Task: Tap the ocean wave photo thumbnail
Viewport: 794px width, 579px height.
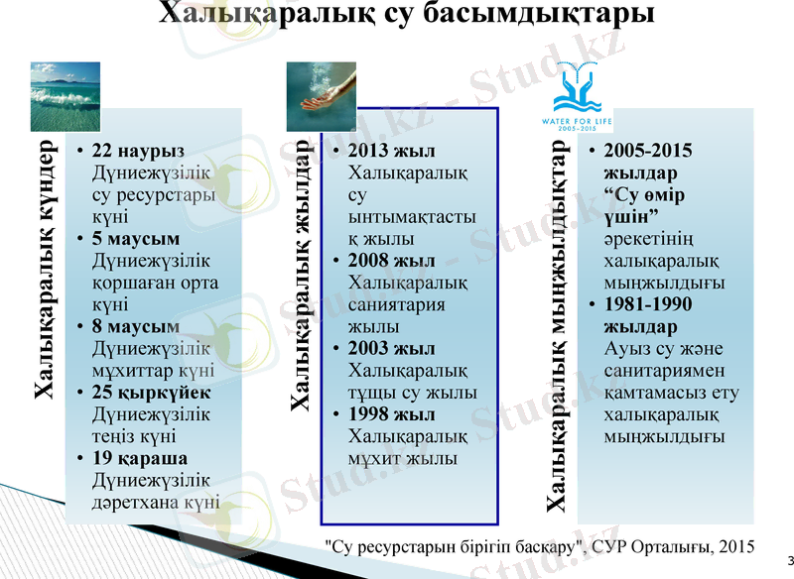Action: pos(65,87)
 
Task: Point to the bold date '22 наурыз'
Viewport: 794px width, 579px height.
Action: pos(137,152)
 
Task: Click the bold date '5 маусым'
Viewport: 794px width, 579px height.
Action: pos(135,239)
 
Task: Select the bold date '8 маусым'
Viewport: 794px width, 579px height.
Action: pos(135,326)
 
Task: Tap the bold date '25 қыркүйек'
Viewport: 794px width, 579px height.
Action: pos(150,392)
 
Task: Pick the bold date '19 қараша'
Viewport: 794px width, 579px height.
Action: pos(140,458)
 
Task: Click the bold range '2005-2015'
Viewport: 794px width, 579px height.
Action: pos(648,152)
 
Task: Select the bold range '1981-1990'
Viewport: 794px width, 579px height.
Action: pos(648,304)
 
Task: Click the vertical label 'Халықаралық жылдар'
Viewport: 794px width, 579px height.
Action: pos(298,277)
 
